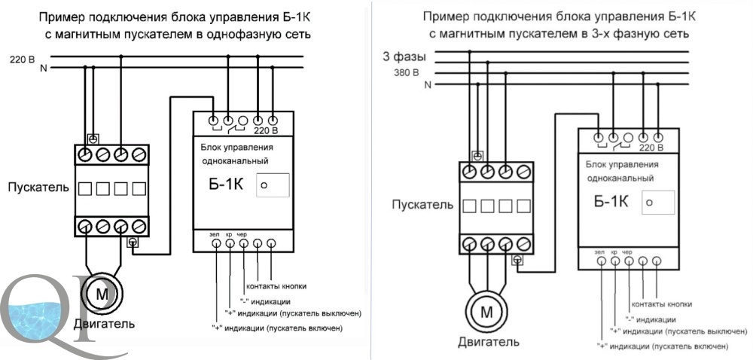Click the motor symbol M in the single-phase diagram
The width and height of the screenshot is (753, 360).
click(x=102, y=292)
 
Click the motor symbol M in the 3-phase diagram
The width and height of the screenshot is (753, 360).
click(x=486, y=313)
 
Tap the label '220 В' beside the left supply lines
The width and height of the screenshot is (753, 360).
click(x=23, y=60)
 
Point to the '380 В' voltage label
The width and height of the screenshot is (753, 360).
click(x=407, y=74)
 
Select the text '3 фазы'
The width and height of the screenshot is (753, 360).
click(x=404, y=56)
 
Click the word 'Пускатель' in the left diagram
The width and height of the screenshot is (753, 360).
click(x=38, y=188)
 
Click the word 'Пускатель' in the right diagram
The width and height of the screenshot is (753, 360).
click(x=422, y=205)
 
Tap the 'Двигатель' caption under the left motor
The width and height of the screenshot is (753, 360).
click(x=104, y=324)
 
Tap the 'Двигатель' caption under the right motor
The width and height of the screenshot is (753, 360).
click(x=489, y=342)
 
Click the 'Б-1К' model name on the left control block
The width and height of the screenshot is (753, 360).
click(x=226, y=185)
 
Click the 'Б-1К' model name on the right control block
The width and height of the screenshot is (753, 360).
click(x=611, y=202)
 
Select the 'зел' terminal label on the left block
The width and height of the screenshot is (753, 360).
click(x=215, y=234)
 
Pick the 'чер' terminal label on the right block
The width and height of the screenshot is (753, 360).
click(x=627, y=252)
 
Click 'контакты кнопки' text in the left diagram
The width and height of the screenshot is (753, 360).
click(x=276, y=286)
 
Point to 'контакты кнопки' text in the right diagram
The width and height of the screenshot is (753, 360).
click(x=662, y=304)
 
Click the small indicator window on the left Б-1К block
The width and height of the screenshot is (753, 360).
click(x=273, y=185)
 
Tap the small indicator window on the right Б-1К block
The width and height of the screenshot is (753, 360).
click(x=658, y=203)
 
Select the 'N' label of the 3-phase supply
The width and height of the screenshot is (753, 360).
click(x=428, y=85)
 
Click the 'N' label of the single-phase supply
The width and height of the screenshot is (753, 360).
click(x=44, y=69)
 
